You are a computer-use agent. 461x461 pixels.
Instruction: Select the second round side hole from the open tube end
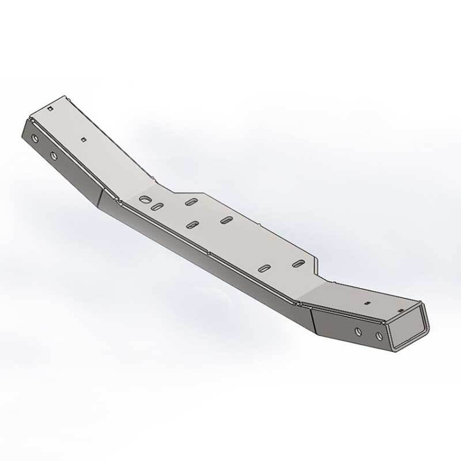358,331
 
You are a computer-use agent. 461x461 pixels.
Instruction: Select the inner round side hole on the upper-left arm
54,156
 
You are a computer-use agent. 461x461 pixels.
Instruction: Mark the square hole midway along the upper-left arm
84,139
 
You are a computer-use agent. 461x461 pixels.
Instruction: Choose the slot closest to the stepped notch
298,263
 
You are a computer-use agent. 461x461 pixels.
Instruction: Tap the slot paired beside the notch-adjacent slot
266,268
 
